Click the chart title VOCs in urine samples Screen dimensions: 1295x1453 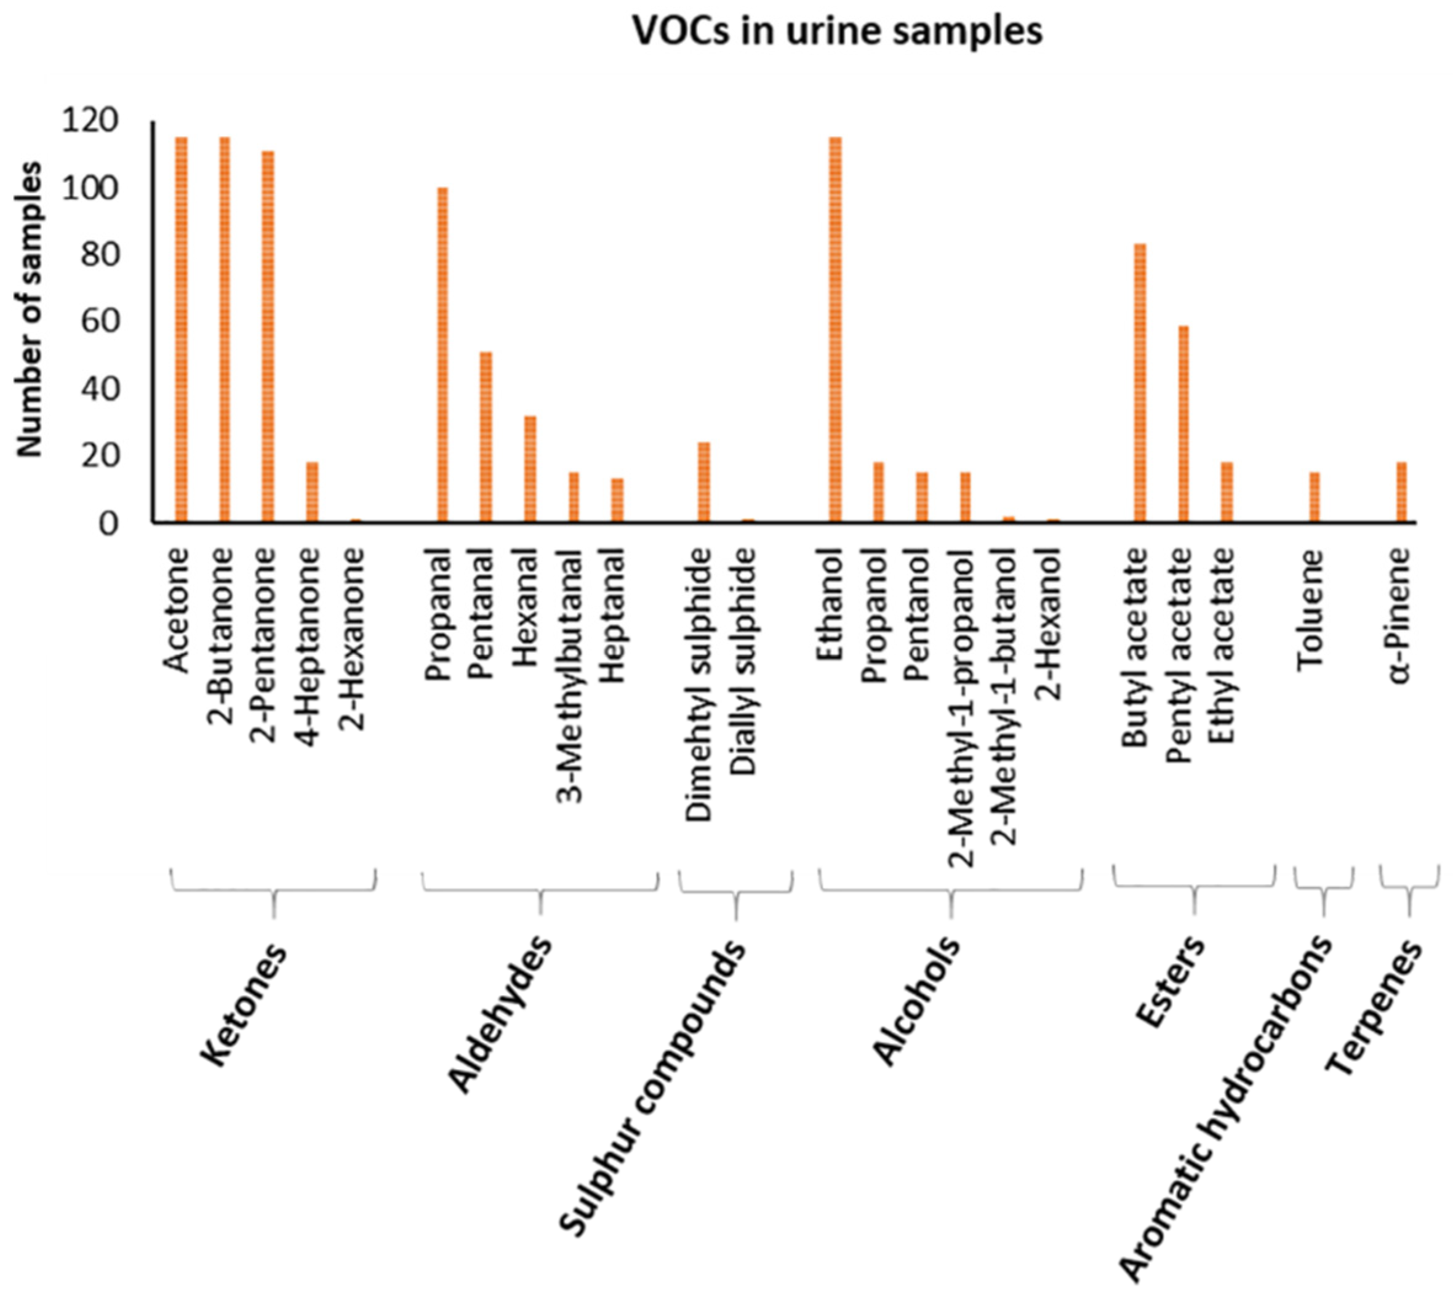click(x=838, y=32)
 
